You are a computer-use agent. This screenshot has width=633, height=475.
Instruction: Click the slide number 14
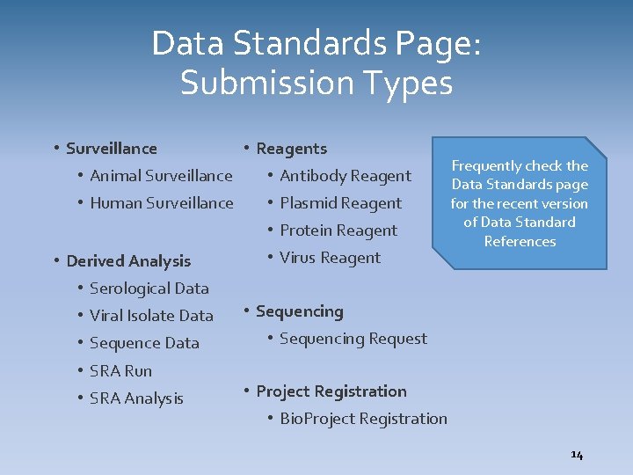click(x=577, y=455)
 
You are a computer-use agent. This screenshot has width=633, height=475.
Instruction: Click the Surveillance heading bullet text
click(x=112, y=149)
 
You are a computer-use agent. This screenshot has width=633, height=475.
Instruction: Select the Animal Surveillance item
click(x=161, y=176)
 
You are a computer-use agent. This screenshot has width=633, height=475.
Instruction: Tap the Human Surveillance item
click(x=162, y=203)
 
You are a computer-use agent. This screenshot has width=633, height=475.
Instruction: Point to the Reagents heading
click(x=291, y=149)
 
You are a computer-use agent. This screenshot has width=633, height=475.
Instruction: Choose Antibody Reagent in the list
click(x=345, y=176)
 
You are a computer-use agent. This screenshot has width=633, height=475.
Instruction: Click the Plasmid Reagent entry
click(x=340, y=203)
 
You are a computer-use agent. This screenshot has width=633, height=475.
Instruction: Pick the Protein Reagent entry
click(x=338, y=230)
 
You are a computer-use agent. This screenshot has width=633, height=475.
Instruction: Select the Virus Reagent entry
click(x=330, y=258)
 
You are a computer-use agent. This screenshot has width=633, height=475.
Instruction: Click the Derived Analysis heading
click(x=128, y=260)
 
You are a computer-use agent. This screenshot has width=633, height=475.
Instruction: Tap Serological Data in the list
click(x=149, y=289)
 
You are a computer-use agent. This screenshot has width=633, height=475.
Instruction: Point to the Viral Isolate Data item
click(x=151, y=316)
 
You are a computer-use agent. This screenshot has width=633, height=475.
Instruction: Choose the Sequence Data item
click(x=144, y=343)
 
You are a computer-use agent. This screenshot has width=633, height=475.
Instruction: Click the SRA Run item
click(x=120, y=371)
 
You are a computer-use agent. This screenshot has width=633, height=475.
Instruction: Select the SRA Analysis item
click(x=136, y=398)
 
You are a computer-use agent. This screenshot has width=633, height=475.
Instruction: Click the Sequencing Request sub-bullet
click(x=353, y=339)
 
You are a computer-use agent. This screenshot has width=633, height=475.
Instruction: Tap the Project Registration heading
click(x=331, y=391)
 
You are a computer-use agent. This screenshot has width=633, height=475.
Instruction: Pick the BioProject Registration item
click(x=363, y=419)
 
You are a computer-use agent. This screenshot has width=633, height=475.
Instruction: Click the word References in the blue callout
click(x=520, y=241)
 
